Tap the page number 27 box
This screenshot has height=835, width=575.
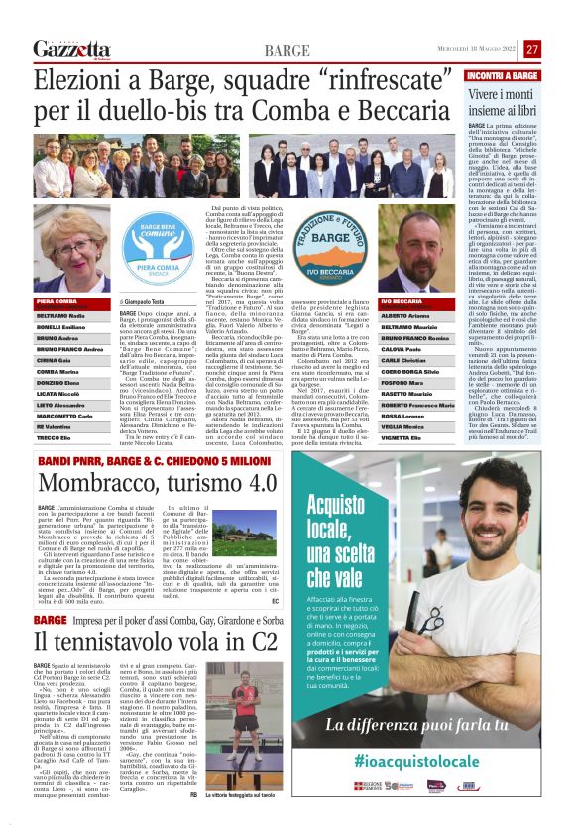point(532,49)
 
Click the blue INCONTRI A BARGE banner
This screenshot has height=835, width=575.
point(503,76)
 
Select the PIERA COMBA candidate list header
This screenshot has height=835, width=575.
point(57,300)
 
